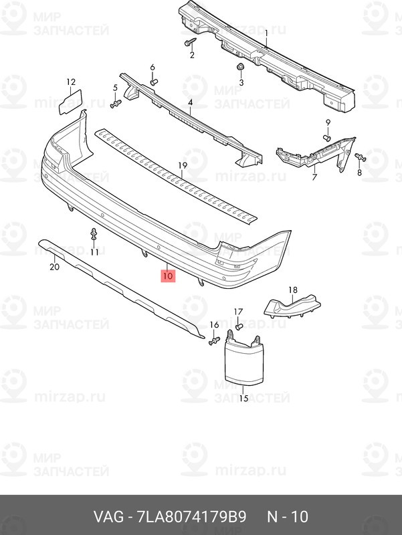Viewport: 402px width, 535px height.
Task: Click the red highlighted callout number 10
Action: coord(168,276)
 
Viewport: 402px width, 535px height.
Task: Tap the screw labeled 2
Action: coord(191,42)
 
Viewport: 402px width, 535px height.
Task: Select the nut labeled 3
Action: coord(240,68)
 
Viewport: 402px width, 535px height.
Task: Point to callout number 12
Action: coord(71,82)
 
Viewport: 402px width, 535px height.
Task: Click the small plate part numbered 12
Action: coord(70,102)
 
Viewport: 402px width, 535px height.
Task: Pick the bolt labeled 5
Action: coord(116,104)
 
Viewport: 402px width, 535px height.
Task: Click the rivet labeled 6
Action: coord(153,82)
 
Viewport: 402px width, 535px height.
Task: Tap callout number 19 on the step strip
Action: coord(183,166)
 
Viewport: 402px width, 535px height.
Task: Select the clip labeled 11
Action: coord(94,234)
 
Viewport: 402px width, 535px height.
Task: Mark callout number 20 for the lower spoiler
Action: coord(55,267)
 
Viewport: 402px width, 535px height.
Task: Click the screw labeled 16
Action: coord(214,340)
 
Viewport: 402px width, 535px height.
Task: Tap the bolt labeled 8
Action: coord(360,157)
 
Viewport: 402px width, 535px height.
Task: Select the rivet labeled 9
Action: coord(327,138)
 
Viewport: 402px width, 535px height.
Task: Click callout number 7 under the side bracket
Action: coord(314,177)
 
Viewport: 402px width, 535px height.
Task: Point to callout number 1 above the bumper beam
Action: coord(266,33)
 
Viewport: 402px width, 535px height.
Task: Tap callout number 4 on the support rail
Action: coord(190,102)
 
